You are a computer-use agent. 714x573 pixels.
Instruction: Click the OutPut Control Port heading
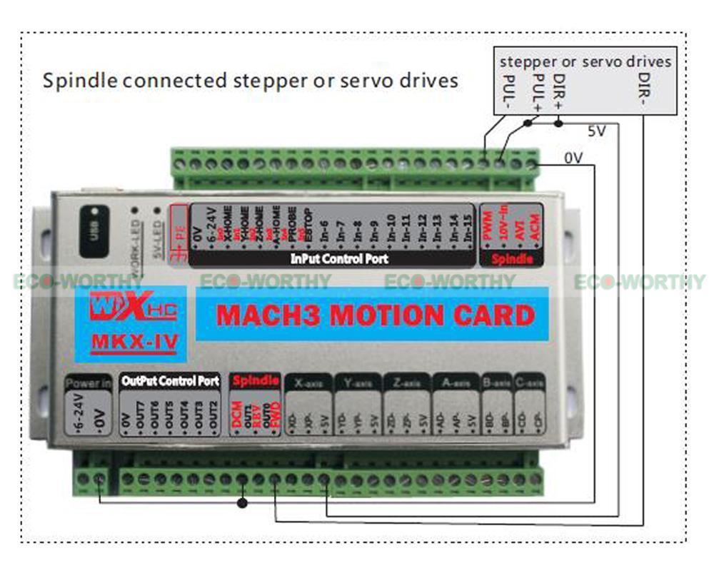coord(170,381)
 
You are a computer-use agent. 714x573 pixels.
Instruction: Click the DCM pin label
coord(238,415)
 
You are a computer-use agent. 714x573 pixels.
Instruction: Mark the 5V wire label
coord(597,132)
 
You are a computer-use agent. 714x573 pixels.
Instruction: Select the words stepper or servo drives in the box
coord(585,62)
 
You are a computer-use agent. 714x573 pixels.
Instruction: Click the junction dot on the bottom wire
coord(242,503)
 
